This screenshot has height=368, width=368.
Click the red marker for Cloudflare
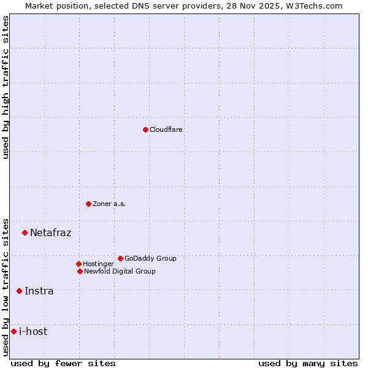click(145, 129)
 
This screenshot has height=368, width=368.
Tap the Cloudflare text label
click(166, 130)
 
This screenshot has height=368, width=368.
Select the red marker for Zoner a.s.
click(88, 204)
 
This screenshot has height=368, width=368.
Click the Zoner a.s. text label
click(109, 204)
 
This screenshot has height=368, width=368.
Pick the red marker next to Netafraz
click(25, 232)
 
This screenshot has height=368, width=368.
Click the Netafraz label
click(50, 233)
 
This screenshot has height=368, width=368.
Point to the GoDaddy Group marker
click(120, 258)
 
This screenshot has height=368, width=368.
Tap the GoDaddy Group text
click(150, 259)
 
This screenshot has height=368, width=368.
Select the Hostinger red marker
click(79, 264)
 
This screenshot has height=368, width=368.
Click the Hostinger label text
click(98, 264)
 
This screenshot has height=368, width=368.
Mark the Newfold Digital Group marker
click(80, 271)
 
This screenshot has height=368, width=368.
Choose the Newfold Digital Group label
click(120, 272)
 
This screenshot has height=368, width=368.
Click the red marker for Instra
click(19, 291)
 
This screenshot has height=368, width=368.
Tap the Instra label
click(39, 291)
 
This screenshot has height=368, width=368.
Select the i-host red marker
click(13, 331)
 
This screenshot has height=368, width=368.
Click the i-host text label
click(33, 332)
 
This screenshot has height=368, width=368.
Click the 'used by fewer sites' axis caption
click(63, 363)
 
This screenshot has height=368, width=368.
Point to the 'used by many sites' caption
click(307, 363)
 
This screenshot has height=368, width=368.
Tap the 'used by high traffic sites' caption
click(6, 87)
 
